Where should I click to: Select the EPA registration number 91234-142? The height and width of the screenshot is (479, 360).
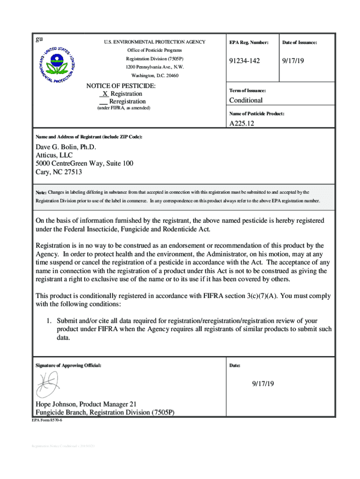tap(244, 61)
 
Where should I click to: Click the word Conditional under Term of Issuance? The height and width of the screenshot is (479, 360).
tap(245, 100)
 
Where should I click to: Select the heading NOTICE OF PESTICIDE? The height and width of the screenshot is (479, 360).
tap(121, 86)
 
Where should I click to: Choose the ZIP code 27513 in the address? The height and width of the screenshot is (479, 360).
tap(72, 172)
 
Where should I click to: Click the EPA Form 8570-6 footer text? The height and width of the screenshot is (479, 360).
tap(47, 421)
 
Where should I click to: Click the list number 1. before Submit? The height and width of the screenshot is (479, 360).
tap(48, 321)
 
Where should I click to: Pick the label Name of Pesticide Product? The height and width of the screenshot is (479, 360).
tap(257, 114)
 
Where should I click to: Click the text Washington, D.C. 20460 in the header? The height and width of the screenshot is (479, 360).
tap(154, 75)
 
